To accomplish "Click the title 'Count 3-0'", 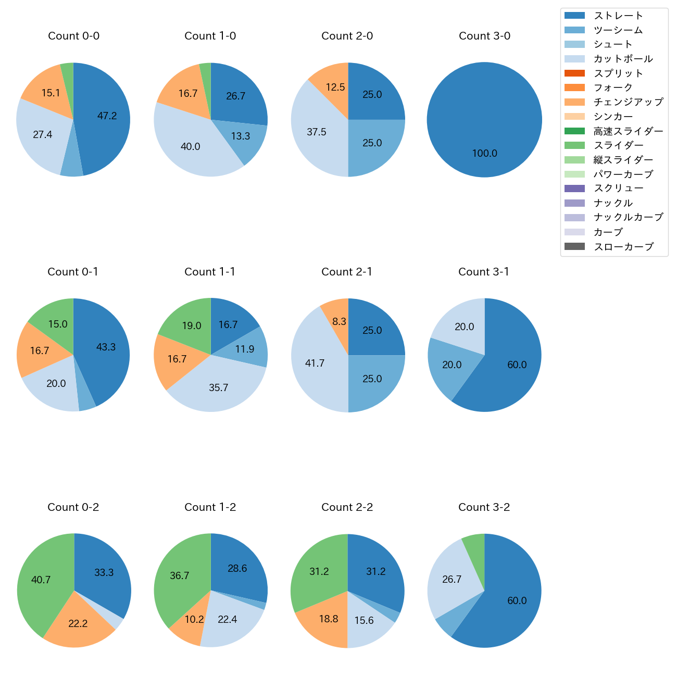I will click(x=484, y=36).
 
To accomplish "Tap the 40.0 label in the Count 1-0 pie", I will click(x=191, y=147).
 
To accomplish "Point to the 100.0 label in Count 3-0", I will click(x=485, y=154).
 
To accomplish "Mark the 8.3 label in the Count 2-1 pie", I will click(x=339, y=322).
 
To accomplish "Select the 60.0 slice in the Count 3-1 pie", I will click(x=513, y=365).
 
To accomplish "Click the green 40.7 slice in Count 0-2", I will click(x=42, y=578).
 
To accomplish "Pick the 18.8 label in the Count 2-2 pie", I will click(x=329, y=619).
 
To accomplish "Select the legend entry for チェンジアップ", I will click(x=628, y=102).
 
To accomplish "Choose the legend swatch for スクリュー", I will click(x=574, y=189).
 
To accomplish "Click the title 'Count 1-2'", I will click(x=210, y=507).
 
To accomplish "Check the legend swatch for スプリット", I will click(x=574, y=73).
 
